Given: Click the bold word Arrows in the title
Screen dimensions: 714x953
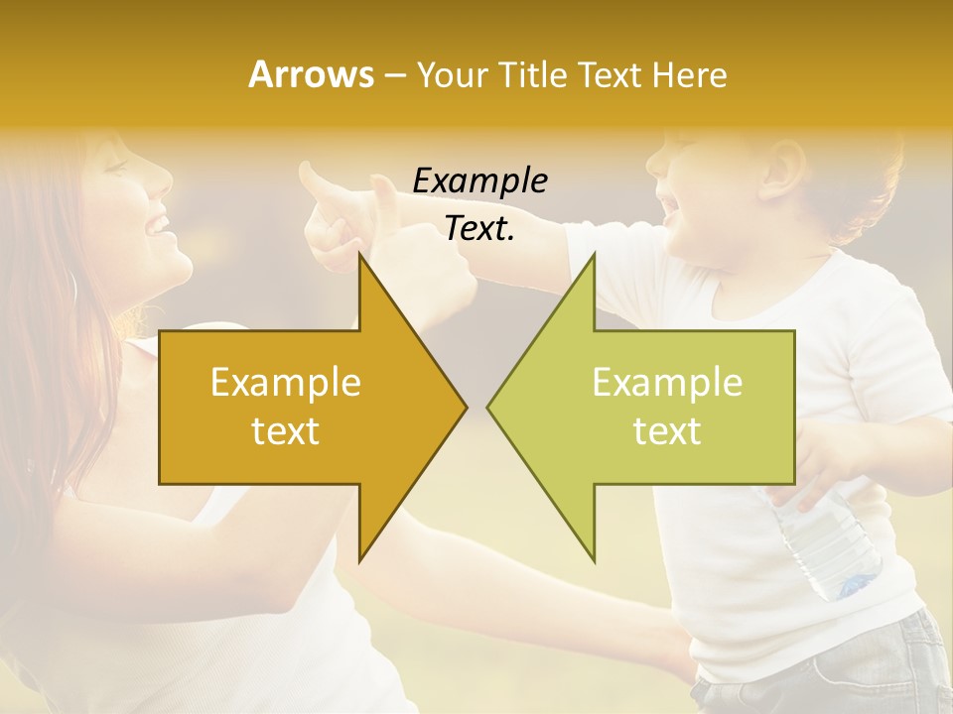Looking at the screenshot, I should [x=312, y=74].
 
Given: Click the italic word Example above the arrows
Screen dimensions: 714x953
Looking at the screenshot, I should [x=479, y=181].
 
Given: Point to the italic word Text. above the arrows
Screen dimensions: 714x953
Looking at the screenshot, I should [x=479, y=229].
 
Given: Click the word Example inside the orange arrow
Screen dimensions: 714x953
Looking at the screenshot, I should [x=286, y=383].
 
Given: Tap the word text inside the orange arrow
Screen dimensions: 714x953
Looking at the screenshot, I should [x=286, y=431].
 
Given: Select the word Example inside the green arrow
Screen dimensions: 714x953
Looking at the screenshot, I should [x=667, y=383].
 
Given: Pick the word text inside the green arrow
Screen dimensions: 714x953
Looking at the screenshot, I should [x=667, y=431].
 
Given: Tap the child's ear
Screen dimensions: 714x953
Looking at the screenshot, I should [x=784, y=164].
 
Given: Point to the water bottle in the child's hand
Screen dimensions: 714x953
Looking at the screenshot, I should [x=829, y=545].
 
